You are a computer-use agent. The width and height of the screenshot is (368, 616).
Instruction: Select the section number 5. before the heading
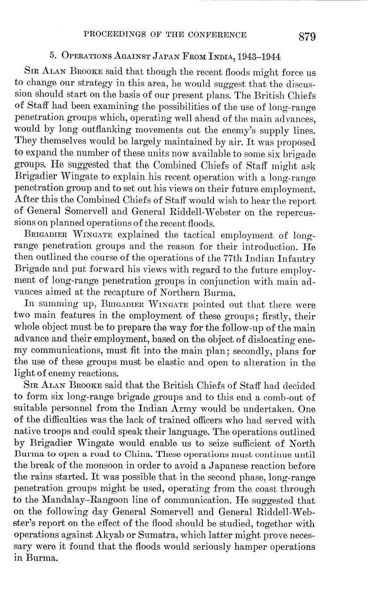pos(54,57)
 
